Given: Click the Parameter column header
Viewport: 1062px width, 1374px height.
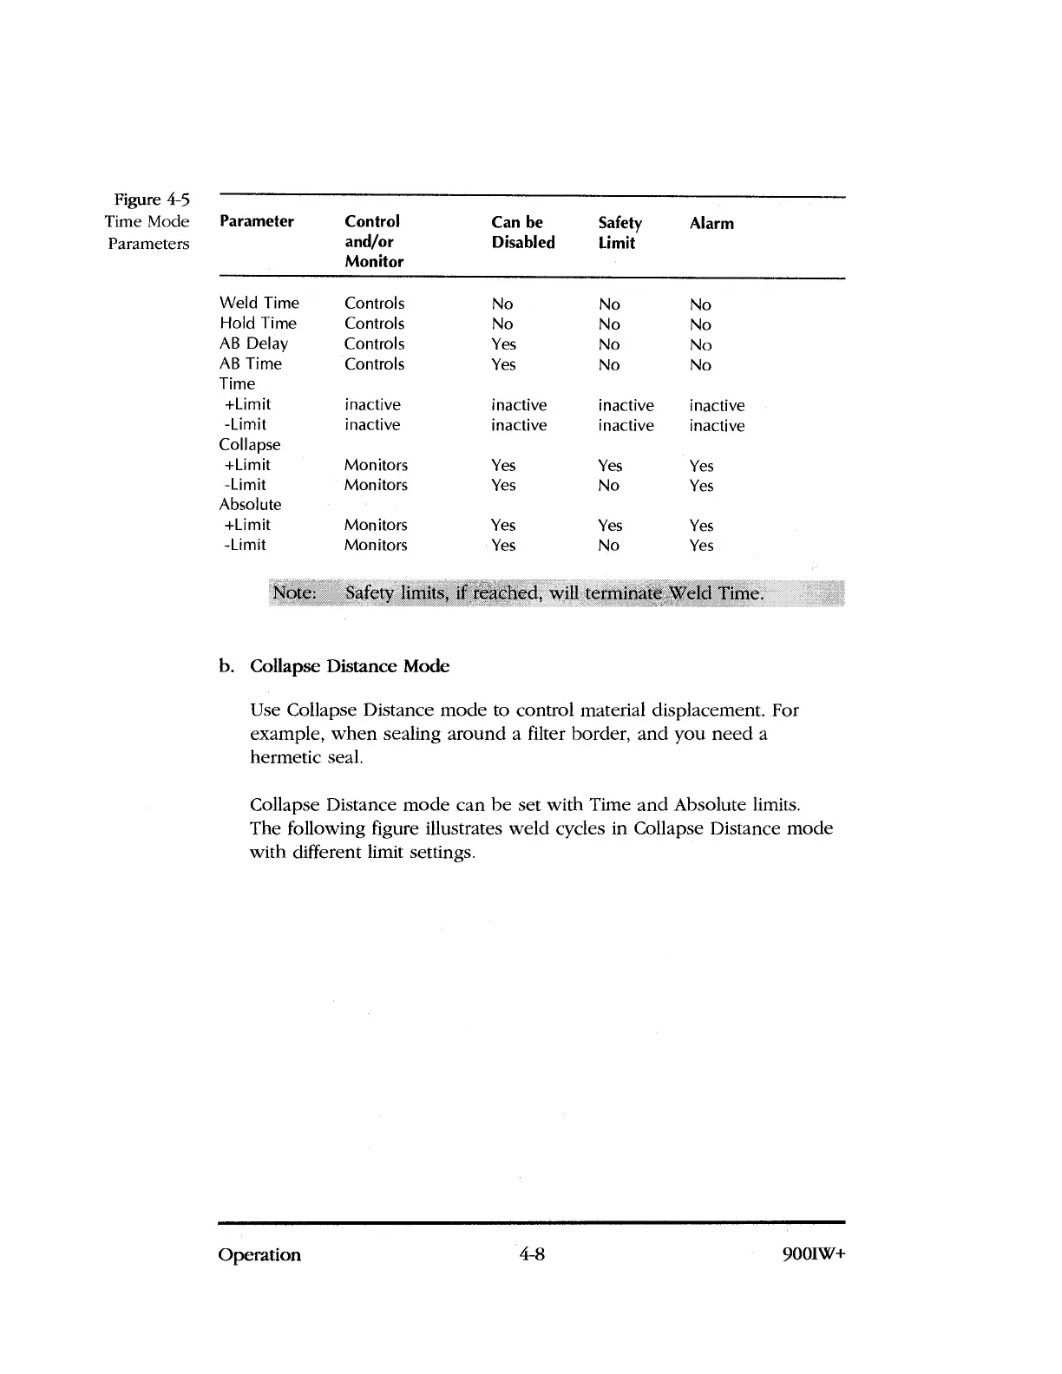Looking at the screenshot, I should (257, 222).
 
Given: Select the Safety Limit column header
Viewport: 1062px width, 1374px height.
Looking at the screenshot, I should (619, 232).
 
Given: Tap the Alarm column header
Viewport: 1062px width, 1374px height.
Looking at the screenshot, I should (711, 224).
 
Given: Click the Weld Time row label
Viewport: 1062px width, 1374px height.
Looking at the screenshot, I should (259, 303).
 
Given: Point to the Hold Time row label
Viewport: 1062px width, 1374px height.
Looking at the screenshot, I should (258, 324).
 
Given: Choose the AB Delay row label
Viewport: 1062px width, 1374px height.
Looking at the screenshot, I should (253, 343).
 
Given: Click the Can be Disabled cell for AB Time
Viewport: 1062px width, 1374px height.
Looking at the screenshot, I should (503, 364).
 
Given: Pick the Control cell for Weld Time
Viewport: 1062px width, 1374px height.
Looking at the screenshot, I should (374, 304).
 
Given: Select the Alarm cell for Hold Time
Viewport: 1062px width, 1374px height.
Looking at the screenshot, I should (700, 324).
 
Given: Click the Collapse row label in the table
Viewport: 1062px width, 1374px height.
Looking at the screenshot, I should (250, 445).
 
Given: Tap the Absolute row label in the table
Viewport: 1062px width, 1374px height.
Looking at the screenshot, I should (250, 505).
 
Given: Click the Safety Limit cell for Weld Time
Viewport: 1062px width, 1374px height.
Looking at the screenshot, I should (609, 304).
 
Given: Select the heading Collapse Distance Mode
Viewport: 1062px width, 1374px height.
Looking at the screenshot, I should (349, 666).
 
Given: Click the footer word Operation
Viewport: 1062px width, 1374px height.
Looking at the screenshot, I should (259, 1255).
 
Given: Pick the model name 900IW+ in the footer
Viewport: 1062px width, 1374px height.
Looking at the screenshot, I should (813, 1255).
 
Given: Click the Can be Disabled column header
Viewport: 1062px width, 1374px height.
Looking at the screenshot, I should (522, 232).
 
